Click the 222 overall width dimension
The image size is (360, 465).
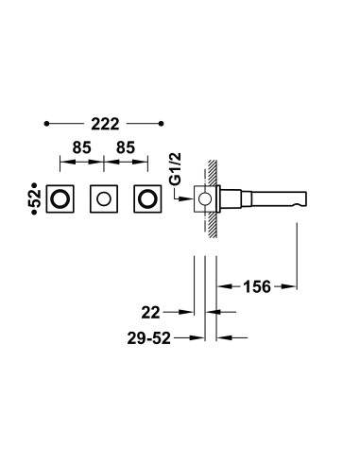tap(105, 124)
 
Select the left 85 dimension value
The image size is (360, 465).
tap(82, 147)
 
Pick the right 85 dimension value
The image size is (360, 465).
tap(126, 147)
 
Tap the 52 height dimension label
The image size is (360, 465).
tap(37, 198)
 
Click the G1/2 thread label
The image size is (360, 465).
tap(176, 168)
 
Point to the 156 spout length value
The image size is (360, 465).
tap(257, 286)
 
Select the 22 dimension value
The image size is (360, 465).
tap(151, 313)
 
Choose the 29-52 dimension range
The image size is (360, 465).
tap(149, 338)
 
